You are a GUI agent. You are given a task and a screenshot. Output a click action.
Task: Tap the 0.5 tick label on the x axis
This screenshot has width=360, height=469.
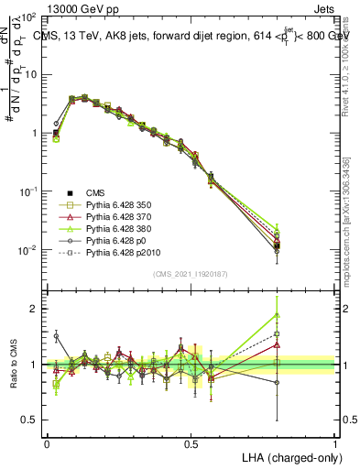[x=191, y=443]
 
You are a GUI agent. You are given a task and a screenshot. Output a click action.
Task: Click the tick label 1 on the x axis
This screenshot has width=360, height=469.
[x=335, y=443]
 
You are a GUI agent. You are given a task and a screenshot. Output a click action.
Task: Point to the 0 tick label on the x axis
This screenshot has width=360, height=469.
[x=47, y=443]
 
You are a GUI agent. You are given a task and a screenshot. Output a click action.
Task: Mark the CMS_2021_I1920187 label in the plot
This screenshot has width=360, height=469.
[x=191, y=274]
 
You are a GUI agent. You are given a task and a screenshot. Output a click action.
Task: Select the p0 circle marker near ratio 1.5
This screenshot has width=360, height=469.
[x=56, y=336]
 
